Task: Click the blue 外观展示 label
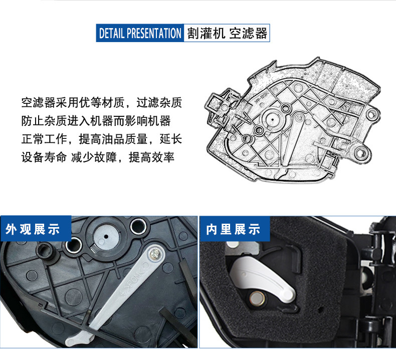(x=33, y=230)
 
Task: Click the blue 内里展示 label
(x=234, y=230)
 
